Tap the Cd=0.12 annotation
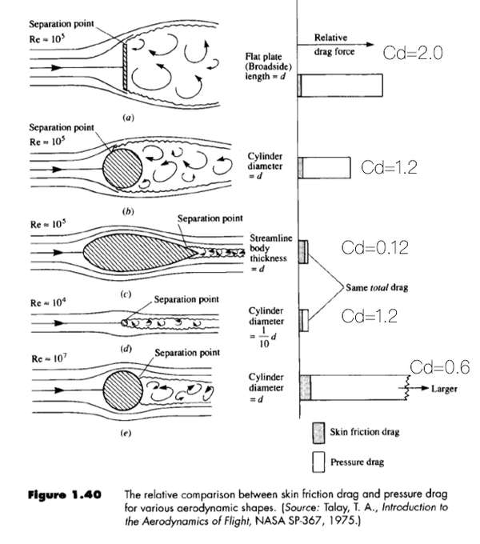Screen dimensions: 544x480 [375, 248]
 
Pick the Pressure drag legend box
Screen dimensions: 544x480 [317, 461]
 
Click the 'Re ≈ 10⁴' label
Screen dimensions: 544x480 [46, 303]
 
